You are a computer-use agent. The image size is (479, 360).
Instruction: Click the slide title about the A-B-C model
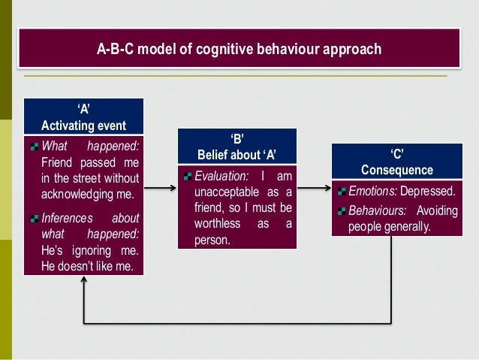(239, 50)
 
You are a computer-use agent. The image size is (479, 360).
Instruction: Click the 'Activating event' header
(83, 125)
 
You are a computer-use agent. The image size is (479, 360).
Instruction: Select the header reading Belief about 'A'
(236, 156)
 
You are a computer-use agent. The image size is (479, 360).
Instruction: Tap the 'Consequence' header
(395, 170)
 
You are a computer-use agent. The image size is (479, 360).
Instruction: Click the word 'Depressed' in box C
(431, 192)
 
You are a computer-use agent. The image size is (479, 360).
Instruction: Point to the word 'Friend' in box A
(57, 162)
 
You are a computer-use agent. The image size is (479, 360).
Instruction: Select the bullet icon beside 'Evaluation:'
(187, 178)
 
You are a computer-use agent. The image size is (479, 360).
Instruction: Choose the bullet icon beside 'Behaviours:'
(342, 211)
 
